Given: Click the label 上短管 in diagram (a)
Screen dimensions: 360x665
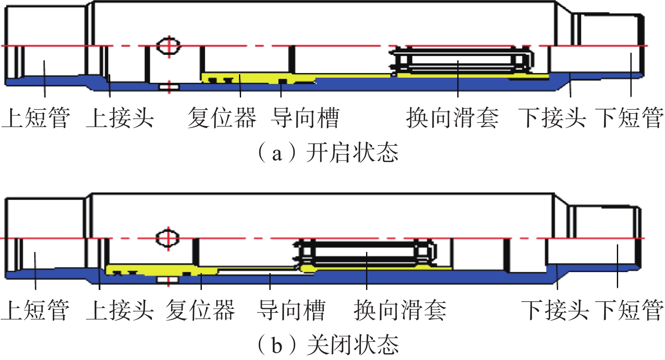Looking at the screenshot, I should tap(35, 117).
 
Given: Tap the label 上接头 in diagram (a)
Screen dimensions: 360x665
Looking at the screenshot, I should tap(120, 117).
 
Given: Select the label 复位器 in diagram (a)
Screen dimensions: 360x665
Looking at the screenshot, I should tap(222, 117).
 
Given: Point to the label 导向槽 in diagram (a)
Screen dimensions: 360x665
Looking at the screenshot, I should tap(306, 117).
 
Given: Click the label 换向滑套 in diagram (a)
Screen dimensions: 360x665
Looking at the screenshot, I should tap(452, 117).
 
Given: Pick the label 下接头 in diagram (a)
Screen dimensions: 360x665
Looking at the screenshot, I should tap(552, 117).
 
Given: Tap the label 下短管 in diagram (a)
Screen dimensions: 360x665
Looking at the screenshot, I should tap(629, 117).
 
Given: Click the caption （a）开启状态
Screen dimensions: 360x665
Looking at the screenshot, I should tap(328, 152).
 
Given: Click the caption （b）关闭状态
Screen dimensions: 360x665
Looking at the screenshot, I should tap(328, 345).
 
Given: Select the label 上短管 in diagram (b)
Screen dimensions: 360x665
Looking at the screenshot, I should tap(35, 310).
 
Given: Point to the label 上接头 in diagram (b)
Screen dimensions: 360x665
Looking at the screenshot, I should tap(120, 310).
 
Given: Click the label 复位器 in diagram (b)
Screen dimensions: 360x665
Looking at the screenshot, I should tap(200, 310).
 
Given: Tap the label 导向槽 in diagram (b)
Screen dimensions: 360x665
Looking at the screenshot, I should tap(291, 310).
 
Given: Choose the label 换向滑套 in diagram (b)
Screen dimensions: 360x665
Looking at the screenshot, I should tap(400, 310).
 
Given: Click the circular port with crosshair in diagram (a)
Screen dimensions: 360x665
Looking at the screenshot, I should tap(168, 46).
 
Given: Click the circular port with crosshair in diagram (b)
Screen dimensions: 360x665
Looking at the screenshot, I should tap(168, 238).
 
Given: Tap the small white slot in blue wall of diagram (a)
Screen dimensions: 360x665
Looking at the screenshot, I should tap(169, 87).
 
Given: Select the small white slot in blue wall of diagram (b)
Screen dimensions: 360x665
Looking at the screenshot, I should tap(168, 279).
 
